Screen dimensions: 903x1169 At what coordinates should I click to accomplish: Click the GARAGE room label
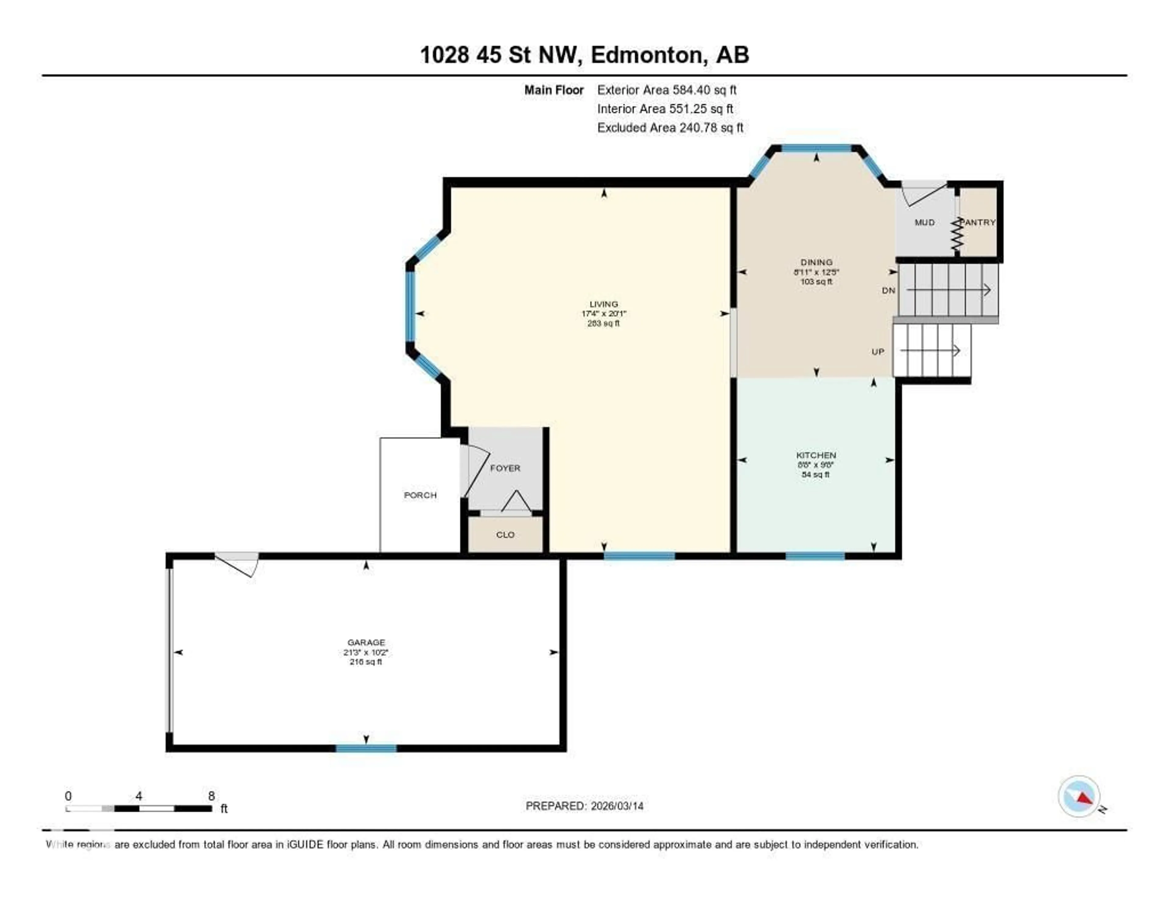tap(366, 642)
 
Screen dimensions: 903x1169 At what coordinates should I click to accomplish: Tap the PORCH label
tap(420, 495)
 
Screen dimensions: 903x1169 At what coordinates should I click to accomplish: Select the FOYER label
tap(505, 468)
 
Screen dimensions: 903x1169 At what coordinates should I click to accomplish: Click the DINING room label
tap(816, 262)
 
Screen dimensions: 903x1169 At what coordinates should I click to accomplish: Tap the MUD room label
tap(924, 222)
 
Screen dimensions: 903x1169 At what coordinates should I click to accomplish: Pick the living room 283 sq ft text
tap(603, 323)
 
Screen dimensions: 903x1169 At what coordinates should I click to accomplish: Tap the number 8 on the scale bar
tap(212, 796)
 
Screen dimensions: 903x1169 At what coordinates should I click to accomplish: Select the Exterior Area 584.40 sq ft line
tap(666, 90)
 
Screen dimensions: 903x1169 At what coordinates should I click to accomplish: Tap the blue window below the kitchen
tap(815, 556)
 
